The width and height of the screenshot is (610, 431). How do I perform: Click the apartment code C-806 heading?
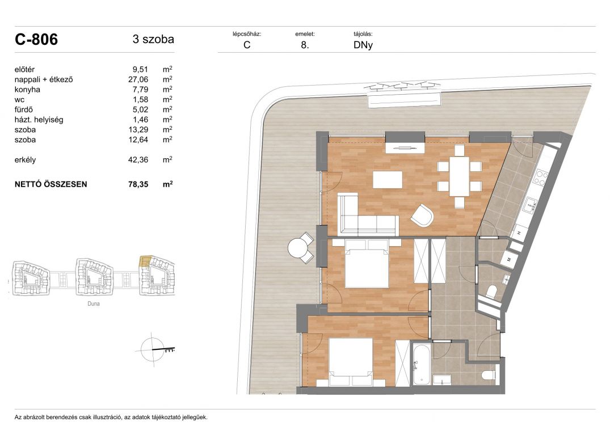pos(36,39)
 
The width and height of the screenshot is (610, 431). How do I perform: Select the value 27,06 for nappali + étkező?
pos(138,79)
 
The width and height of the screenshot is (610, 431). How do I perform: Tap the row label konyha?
pos(27,90)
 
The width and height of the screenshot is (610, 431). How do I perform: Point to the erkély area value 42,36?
pos(138,160)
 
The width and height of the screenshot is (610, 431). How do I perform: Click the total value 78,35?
pos(138,184)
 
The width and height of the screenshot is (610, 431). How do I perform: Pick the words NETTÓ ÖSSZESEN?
pos(51,184)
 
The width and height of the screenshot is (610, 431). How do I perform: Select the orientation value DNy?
pos(363,45)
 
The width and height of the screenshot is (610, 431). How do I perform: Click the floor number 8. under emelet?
pos(305,45)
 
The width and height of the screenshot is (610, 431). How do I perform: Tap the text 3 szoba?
pos(153,39)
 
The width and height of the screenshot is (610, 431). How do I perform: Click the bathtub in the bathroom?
pos(421,364)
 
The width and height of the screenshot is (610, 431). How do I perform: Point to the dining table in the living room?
pos(459,176)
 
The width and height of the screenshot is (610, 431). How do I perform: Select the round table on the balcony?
pos(297,248)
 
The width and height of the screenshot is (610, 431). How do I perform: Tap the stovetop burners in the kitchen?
pos(540,177)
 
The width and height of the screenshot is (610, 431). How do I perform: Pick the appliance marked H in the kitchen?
pos(519,233)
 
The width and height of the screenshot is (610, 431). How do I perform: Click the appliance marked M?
pos(509,259)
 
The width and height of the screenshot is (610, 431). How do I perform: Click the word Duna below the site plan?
pos(94,303)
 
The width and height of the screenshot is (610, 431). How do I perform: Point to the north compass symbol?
pos(154,350)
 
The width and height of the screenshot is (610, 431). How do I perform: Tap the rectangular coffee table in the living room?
pos(388,180)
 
